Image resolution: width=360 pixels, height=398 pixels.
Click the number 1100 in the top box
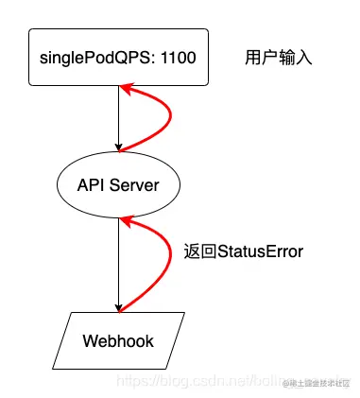click(177, 59)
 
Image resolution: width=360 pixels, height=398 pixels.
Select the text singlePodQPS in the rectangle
click(96, 59)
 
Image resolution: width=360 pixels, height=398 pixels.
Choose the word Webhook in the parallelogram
click(118, 340)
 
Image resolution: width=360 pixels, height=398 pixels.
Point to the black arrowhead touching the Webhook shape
click(118, 306)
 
